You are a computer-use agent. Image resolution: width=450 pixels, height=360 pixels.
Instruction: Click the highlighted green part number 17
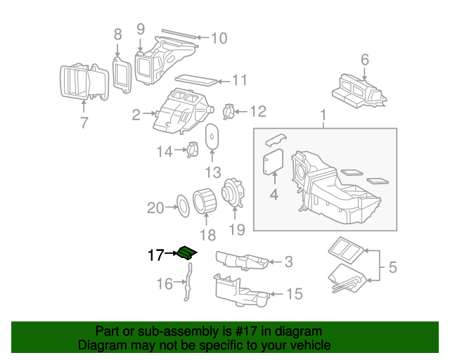pyautogui.click(x=187, y=253)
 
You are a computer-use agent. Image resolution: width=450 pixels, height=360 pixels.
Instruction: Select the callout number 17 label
pyautogui.click(x=155, y=255)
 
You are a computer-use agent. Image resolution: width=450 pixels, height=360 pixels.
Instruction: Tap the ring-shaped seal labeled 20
pyautogui.click(x=181, y=207)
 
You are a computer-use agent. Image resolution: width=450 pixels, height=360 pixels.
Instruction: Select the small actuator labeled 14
pyautogui.click(x=190, y=150)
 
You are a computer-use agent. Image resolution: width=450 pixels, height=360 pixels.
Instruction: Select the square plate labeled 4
pyautogui.click(x=272, y=162)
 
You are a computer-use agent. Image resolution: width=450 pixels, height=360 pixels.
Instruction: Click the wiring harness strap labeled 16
pyautogui.click(x=187, y=287)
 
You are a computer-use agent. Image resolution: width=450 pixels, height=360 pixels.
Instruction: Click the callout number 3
pyautogui.click(x=288, y=263)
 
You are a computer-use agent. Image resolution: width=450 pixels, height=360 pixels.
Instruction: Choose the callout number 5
pyautogui.click(x=392, y=267)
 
